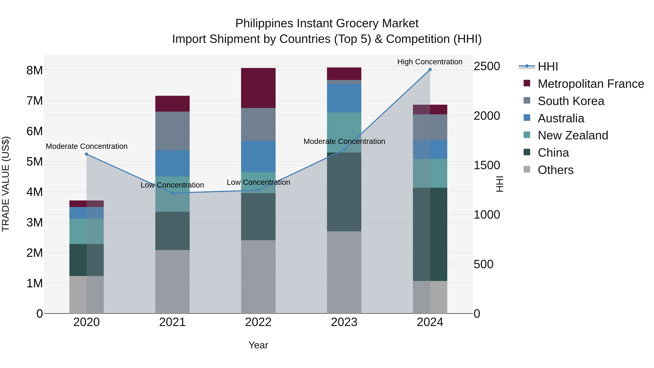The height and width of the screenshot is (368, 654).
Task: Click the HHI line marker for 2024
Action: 430,70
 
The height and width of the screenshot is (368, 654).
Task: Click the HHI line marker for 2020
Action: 87,154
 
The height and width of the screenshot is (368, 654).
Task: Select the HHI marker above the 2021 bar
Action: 172,193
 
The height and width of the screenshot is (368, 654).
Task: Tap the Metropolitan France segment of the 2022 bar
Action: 258,88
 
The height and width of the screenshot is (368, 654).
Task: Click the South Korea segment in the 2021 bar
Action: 172,131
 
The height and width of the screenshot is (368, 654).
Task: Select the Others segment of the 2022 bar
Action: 258,277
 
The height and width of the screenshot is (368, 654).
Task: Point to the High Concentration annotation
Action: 430,62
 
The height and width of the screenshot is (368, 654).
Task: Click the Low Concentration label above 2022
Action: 258,182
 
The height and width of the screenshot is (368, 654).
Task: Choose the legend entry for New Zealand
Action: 573,135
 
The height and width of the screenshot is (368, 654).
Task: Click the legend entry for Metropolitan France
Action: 591,84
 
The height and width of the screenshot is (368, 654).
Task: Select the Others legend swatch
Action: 527,169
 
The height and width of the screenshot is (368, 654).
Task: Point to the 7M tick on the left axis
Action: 35,101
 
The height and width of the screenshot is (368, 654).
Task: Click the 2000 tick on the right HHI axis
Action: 487,116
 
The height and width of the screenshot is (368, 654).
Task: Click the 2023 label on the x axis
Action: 344,322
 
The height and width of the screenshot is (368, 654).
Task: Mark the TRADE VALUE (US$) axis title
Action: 6,184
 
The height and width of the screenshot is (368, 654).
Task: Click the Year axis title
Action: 258,345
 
